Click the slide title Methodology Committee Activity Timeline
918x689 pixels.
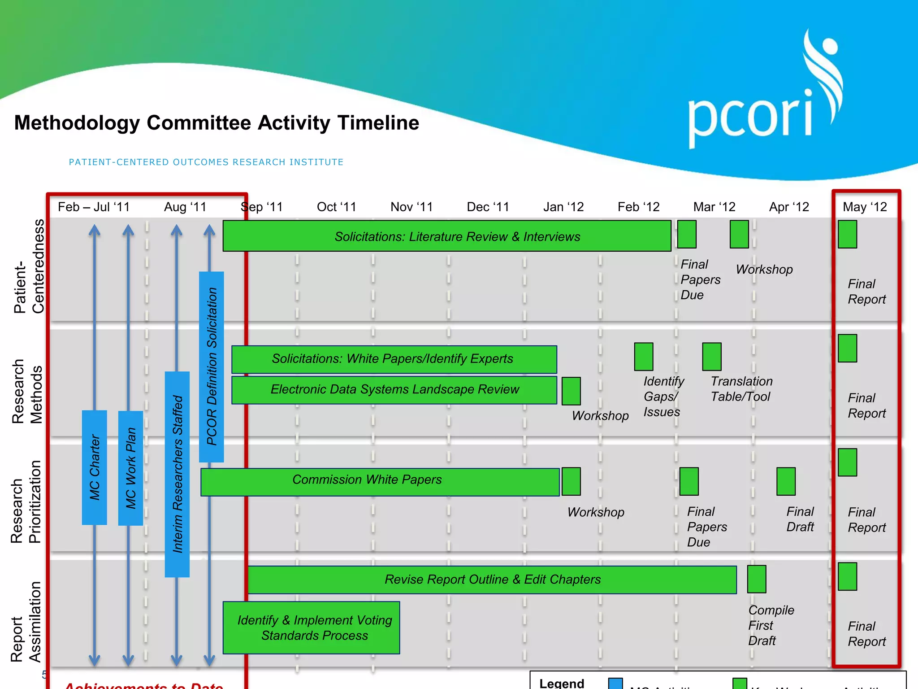click(217, 123)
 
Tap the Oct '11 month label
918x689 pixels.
click(336, 207)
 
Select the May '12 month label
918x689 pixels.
click(865, 207)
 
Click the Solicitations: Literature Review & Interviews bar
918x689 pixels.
click(446, 236)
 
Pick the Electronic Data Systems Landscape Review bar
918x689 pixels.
click(394, 390)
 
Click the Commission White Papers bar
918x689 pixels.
click(380, 482)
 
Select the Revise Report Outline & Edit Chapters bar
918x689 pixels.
click(492, 580)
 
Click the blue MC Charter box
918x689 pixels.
click(95, 467)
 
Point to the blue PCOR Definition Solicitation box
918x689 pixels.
click(212, 366)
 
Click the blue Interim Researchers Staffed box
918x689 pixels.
click(177, 474)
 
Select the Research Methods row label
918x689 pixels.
click(27, 392)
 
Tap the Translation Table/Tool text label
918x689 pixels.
click(741, 389)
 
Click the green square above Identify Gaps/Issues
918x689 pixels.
click(643, 357)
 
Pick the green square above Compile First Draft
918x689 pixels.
click(756, 579)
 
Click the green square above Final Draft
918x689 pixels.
click(786, 481)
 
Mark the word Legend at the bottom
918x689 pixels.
click(561, 683)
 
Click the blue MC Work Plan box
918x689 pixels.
click(130, 468)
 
